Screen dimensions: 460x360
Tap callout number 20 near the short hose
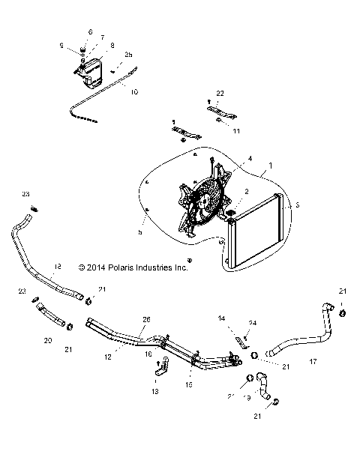tap(48, 339)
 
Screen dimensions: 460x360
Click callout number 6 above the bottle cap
tap(90, 32)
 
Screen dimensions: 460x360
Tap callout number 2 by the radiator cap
tap(244, 192)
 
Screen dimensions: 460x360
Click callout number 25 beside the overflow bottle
tap(128, 55)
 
